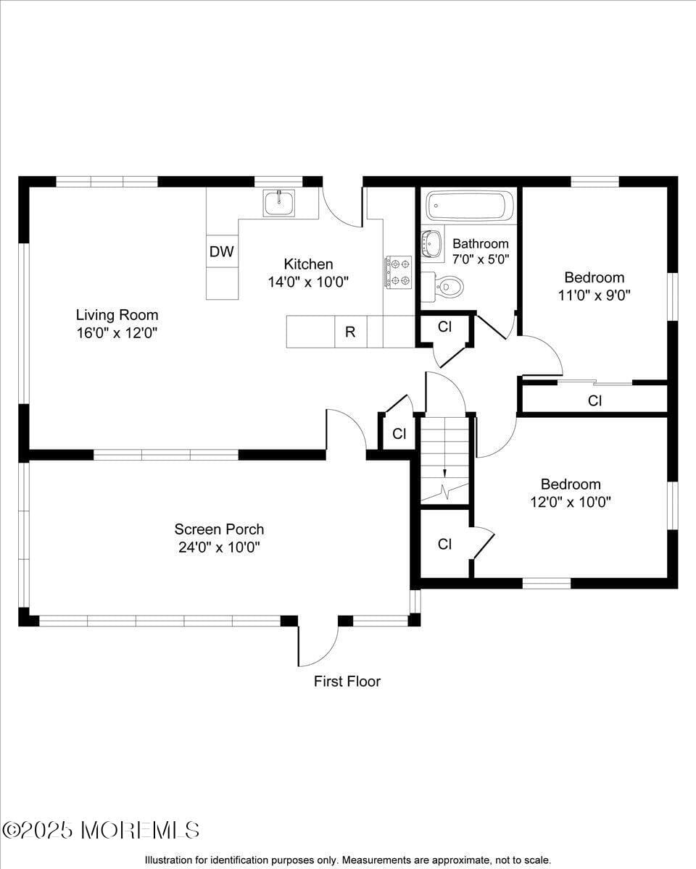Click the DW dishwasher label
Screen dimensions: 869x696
pyautogui.click(x=222, y=252)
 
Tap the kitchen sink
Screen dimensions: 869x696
pyautogui.click(x=279, y=203)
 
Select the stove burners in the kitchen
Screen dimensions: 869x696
pyautogui.click(x=398, y=272)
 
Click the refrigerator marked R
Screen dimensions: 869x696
pyautogui.click(x=350, y=332)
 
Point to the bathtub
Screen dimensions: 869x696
pyautogui.click(x=470, y=206)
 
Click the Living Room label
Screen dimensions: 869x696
pyautogui.click(x=117, y=315)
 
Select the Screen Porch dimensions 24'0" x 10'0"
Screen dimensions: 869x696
pyautogui.click(x=219, y=547)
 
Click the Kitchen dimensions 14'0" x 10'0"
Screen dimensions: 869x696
pyautogui.click(x=308, y=282)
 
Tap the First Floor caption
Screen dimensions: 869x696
pyautogui.click(x=347, y=681)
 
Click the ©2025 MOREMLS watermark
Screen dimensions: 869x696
pyautogui.click(x=101, y=830)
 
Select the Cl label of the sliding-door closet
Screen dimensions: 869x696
pyautogui.click(x=594, y=400)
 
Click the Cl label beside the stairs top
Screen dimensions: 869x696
pyautogui.click(x=398, y=433)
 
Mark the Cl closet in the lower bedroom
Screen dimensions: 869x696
pyautogui.click(x=444, y=544)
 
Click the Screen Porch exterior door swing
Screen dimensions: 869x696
pyautogui.click(x=319, y=645)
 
